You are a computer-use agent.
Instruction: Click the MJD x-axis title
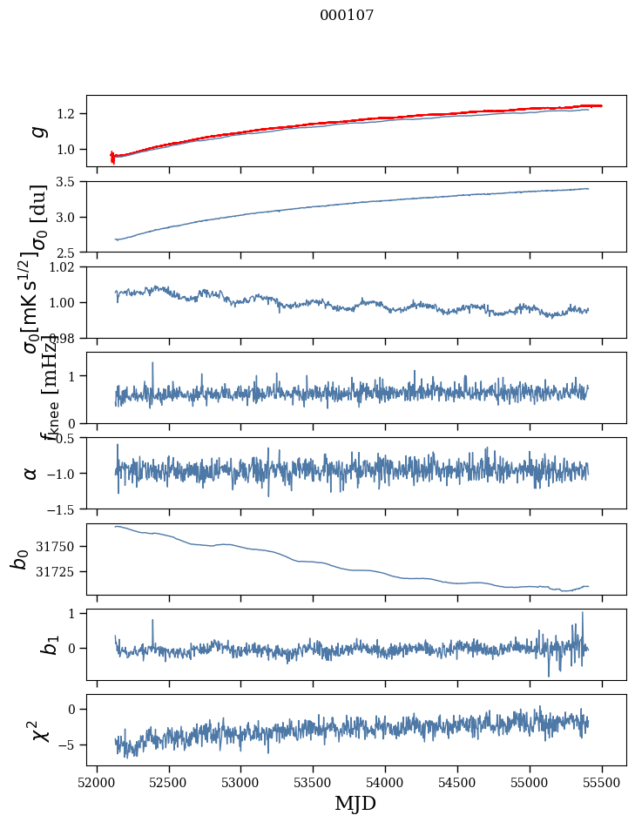click(355, 803)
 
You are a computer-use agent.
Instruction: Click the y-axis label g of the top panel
click(37, 131)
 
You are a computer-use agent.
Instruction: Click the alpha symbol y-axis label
click(31, 473)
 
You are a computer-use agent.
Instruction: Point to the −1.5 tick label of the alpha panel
click(64, 509)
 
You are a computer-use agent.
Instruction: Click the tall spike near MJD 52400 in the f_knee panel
click(152, 363)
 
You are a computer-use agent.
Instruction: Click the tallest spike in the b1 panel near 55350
click(582, 613)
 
